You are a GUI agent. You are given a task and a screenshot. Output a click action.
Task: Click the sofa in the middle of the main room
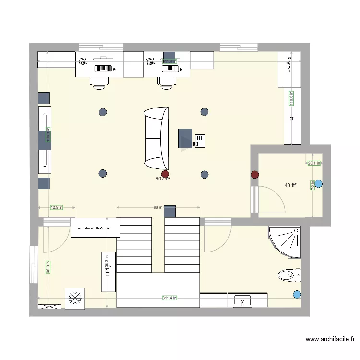point(156,138)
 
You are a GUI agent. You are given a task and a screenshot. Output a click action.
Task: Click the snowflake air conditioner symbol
point(75,298)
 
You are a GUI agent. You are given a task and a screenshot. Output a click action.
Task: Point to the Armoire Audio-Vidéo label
point(95,229)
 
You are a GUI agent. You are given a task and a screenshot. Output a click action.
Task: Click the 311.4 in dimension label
point(169,298)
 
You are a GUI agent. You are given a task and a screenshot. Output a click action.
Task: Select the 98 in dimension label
point(158,208)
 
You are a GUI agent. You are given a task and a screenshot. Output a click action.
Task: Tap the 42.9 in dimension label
point(57,208)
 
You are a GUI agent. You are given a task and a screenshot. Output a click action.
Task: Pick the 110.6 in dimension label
point(290,98)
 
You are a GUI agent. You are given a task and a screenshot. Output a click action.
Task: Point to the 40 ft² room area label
point(290,185)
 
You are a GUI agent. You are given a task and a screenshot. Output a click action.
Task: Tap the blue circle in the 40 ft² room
point(319,183)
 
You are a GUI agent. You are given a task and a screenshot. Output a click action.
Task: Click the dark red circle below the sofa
point(165,174)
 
